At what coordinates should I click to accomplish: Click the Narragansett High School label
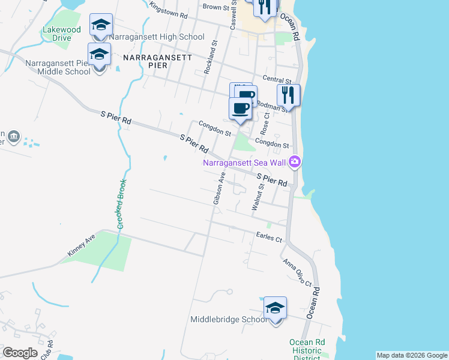point(157,37)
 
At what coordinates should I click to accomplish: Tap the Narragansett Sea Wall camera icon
point(294,162)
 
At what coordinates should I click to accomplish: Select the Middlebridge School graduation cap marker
point(275,308)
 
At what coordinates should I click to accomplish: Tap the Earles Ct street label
point(268,238)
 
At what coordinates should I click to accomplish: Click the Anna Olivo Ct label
point(297,272)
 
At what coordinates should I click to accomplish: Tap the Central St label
point(277,80)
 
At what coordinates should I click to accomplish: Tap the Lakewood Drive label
point(61,33)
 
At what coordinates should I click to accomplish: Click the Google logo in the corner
point(20,353)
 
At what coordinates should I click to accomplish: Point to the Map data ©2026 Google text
point(412,355)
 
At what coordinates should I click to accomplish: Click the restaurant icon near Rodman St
point(288,95)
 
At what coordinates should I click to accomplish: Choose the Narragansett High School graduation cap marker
point(101,25)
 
